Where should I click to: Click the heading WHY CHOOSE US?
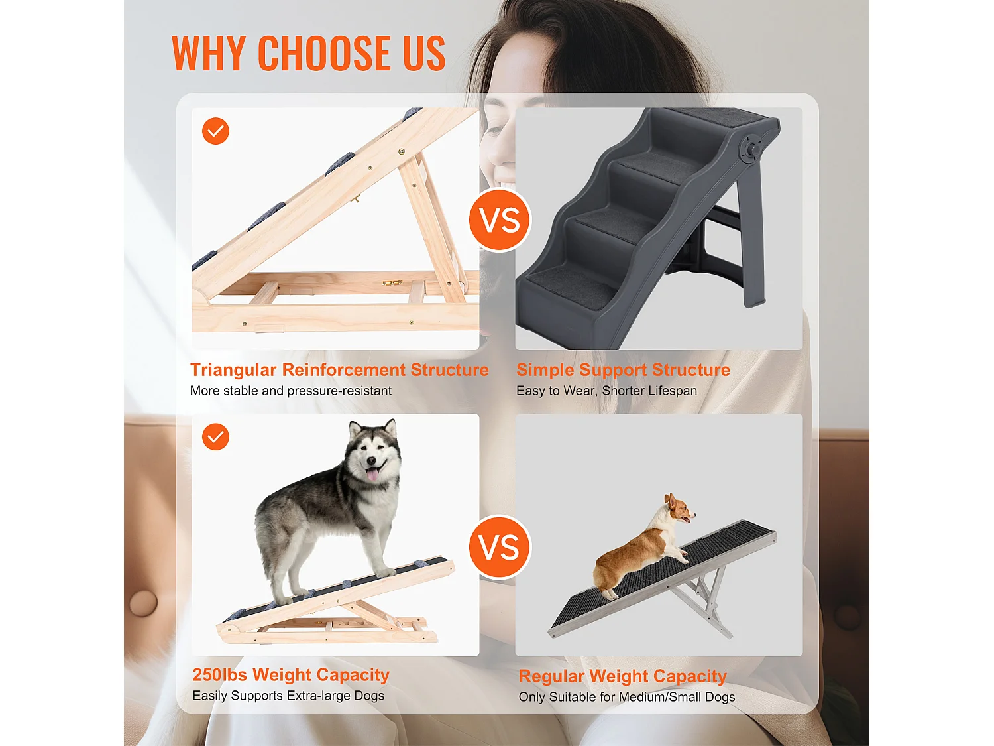click(x=308, y=53)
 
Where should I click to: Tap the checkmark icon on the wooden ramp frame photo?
click(x=215, y=131)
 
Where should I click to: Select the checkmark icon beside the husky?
click(x=215, y=437)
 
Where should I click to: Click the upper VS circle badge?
click(x=500, y=220)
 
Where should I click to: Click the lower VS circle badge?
click(x=500, y=547)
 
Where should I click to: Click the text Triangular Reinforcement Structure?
click(x=339, y=370)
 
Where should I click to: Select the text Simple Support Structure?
click(x=623, y=370)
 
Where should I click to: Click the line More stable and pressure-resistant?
click(x=290, y=391)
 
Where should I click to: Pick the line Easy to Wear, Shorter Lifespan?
click(x=606, y=391)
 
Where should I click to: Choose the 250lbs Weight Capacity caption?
click(x=291, y=675)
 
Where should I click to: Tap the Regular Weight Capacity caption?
click(x=622, y=676)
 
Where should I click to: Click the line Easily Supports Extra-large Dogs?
click(x=288, y=696)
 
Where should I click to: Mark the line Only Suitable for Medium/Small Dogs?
click(x=627, y=697)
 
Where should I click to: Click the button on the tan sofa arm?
click(x=143, y=603)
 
